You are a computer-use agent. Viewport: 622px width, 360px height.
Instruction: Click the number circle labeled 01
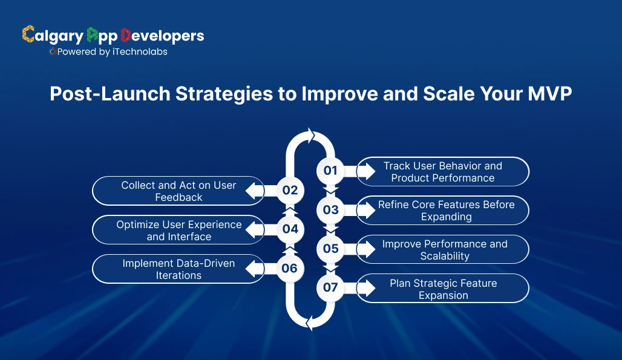(330, 171)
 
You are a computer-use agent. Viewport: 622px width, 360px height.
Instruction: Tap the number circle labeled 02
(290, 190)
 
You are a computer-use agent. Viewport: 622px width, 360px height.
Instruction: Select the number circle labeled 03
(330, 210)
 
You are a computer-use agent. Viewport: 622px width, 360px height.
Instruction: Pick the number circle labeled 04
(290, 229)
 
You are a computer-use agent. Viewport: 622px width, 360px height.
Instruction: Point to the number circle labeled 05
(330, 249)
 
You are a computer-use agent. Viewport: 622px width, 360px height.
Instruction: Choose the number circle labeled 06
(290, 268)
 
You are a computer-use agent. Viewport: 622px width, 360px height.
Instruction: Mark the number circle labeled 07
(330, 287)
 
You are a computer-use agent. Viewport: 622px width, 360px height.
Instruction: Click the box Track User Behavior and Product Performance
(443, 172)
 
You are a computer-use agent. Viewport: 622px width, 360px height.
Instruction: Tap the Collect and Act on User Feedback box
(178, 191)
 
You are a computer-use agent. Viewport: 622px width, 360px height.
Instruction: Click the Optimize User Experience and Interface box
(178, 230)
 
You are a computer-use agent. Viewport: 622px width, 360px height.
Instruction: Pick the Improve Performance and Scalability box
(444, 249)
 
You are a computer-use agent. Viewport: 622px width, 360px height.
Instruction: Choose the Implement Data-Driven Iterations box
(178, 269)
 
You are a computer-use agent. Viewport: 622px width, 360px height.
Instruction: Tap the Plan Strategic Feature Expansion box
(443, 289)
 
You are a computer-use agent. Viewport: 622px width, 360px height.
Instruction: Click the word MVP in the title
(547, 94)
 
